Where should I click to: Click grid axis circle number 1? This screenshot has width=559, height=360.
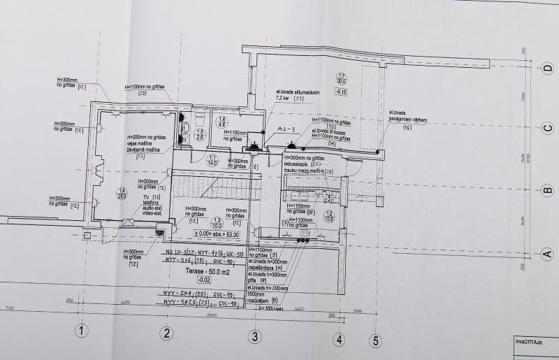tap(82, 331)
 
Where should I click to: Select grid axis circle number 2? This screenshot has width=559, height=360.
tap(167, 333)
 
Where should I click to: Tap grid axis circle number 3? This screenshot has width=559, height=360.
tap(255, 336)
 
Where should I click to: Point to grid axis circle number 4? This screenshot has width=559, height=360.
tap(339, 340)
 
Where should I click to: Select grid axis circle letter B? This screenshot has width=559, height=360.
tap(548, 189)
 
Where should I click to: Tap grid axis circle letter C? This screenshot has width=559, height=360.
tap(548, 127)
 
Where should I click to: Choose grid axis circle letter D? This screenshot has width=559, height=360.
tap(548, 68)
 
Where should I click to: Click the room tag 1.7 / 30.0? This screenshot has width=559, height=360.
tap(342, 78)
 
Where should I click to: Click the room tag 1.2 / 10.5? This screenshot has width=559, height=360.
tap(329, 216)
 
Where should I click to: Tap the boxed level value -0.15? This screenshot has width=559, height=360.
tap(341, 92)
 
